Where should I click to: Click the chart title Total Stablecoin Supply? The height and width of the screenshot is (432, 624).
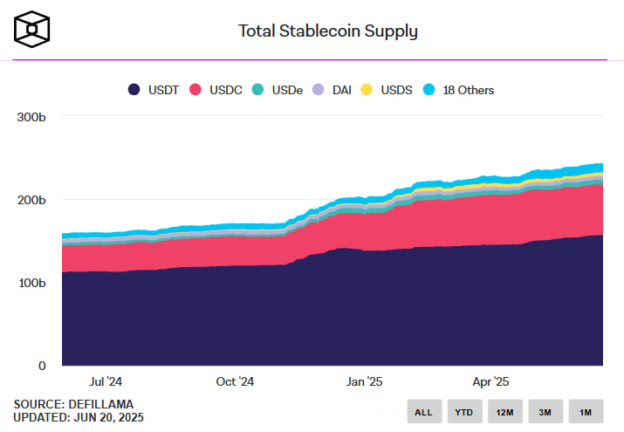point(328,31)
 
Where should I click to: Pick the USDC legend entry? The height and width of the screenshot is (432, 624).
point(219,89)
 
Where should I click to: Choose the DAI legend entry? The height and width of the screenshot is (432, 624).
point(335,89)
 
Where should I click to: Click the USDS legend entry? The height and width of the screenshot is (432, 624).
point(385,89)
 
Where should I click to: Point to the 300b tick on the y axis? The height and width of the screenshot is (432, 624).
point(31,117)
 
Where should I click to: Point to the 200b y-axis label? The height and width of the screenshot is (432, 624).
point(31,200)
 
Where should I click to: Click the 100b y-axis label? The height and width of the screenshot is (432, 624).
point(31,283)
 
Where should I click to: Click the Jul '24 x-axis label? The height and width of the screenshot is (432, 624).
point(106,381)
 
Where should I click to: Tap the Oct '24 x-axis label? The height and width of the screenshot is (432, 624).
point(235,381)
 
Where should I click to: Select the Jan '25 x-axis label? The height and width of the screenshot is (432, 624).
point(364,381)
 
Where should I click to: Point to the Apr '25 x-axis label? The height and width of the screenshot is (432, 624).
point(490,381)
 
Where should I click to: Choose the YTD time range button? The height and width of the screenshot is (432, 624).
point(464,412)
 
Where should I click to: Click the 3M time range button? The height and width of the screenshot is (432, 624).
point(545,412)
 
